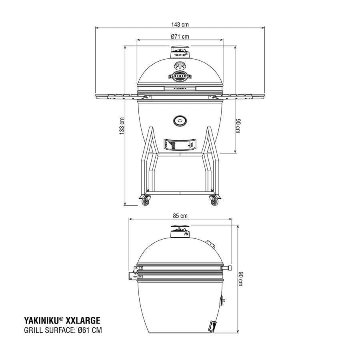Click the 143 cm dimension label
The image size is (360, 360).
(x=180, y=24)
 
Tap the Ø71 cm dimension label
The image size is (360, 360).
(x=180, y=36)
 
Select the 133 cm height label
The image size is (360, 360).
(x=122, y=126)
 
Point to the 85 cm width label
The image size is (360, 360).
(x=180, y=216)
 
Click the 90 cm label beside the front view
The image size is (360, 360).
(x=237, y=126)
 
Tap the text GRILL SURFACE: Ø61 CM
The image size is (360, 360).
(x=62, y=330)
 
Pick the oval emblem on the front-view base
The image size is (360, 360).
(x=180, y=120)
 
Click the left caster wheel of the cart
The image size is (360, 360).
(x=144, y=201)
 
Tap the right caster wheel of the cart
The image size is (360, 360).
(x=213, y=201)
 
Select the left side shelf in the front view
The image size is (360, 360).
(x=116, y=96)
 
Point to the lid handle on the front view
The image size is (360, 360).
(x=180, y=88)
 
